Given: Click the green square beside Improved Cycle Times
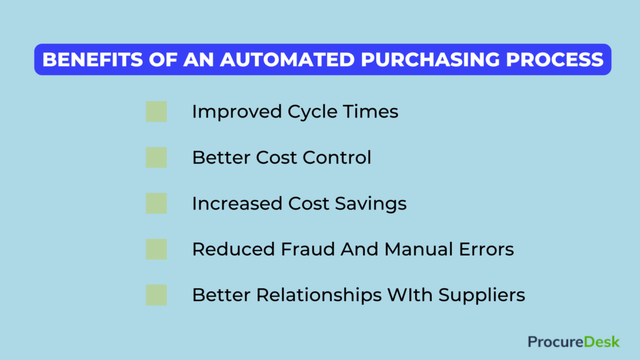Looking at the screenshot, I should click(156, 112).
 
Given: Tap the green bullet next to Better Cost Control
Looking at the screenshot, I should click(156, 157).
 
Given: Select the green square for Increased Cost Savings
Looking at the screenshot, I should click(156, 203).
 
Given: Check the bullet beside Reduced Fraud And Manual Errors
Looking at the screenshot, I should click(156, 249).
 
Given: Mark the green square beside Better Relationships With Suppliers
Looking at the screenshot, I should click(156, 295).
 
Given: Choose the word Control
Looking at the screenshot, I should click(337, 157).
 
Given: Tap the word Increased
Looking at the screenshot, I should click(237, 204).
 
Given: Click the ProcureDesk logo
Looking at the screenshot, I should click(573, 341).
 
